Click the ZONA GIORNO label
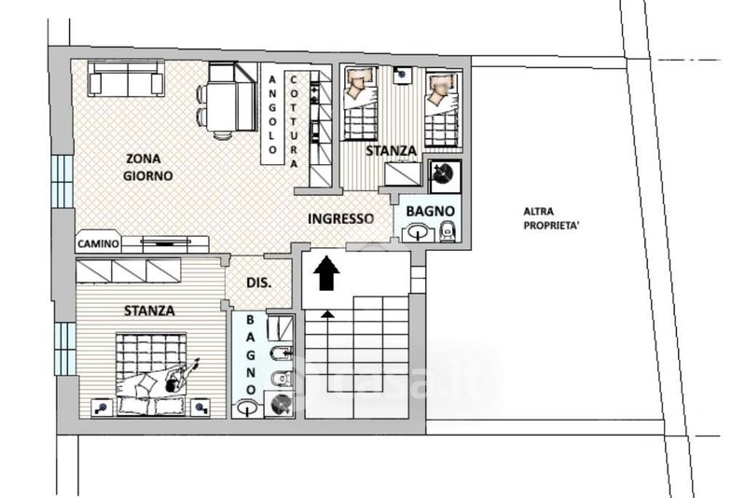point(148,167)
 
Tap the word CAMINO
point(98,244)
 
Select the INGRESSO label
point(340,219)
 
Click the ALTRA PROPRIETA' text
point(552,219)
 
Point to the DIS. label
point(259,283)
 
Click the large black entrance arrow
point(327,272)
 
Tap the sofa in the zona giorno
point(126,78)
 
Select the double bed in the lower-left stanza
point(151,374)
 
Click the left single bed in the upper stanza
point(360,104)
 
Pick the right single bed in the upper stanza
point(442,108)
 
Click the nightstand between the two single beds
point(403,75)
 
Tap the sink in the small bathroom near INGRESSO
point(419,233)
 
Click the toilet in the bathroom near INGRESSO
point(449,231)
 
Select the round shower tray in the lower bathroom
point(280,404)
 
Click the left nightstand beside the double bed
point(102,408)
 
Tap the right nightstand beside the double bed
point(200,408)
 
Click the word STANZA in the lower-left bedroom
point(149,311)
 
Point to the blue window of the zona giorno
point(62,181)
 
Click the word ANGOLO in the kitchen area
point(272,115)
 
